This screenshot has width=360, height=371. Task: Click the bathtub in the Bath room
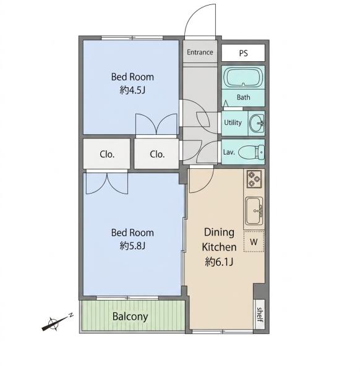(243, 77)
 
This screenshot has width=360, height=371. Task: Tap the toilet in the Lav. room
(251, 152)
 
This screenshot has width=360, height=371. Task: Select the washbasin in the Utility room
(257, 123)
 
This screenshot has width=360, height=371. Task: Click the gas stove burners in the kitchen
(254, 179)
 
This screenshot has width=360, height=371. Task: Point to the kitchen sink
(254, 211)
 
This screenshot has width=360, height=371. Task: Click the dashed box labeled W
(254, 241)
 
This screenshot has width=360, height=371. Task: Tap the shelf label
(260, 315)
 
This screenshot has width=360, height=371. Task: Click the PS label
(243, 53)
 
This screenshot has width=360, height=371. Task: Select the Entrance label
(200, 52)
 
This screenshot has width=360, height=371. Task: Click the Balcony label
(130, 317)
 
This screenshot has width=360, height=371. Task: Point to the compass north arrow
(58, 322)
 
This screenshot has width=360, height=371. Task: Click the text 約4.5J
(132, 90)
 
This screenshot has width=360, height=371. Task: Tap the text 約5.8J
(132, 246)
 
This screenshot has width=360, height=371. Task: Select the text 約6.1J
(219, 262)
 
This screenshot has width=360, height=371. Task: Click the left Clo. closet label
(107, 155)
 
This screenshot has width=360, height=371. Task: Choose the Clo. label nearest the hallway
(157, 155)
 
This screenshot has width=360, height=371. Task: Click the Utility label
(233, 122)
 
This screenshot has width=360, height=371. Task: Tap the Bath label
(243, 97)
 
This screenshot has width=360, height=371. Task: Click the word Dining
(219, 232)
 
